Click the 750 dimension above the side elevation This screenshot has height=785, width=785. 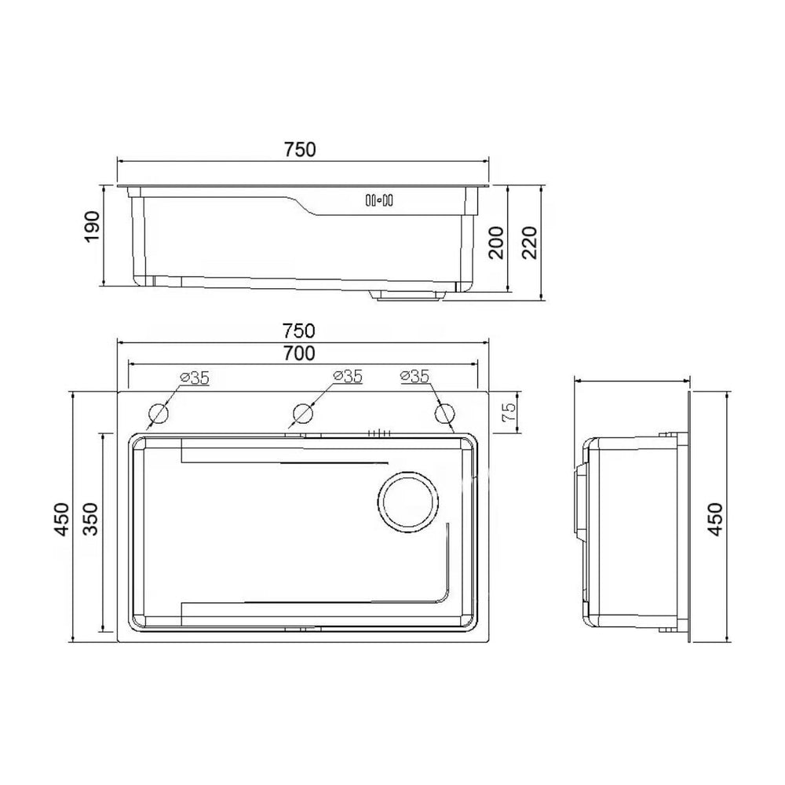click(301, 150)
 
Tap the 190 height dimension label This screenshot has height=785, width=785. click(92, 227)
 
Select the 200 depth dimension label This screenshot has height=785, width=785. click(496, 243)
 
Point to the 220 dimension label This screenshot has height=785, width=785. click(529, 243)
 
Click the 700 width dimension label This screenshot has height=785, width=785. click(299, 353)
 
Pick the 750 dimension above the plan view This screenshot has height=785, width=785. click(299, 331)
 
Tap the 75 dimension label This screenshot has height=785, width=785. click(508, 413)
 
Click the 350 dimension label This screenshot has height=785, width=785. click(90, 519)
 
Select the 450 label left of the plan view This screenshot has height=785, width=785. click(62, 519)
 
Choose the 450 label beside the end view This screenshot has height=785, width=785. click(716, 519)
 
